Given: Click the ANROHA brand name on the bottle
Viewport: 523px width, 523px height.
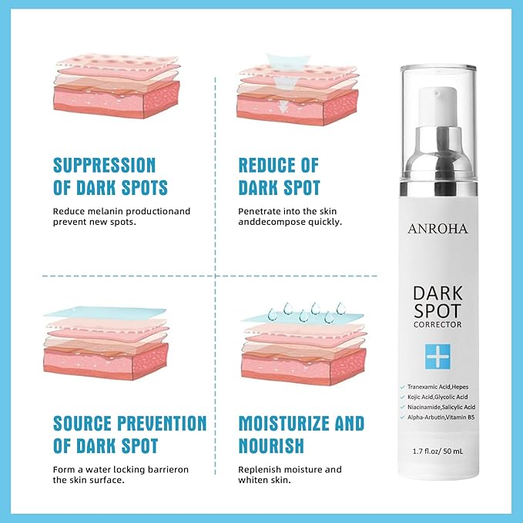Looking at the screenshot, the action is (438, 229).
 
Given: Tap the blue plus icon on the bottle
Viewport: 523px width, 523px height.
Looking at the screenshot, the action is (438, 357).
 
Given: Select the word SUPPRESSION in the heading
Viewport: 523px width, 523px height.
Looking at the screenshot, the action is (105, 165).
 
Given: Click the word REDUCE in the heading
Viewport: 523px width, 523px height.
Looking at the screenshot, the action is (267, 165).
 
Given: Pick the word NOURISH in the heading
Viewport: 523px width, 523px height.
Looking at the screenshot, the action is (271, 446).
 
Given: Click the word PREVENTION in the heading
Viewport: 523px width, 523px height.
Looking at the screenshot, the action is (162, 424).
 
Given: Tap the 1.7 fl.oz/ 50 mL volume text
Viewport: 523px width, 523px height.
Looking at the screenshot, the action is (438, 451).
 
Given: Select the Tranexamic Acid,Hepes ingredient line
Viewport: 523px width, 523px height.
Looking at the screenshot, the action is (438, 387).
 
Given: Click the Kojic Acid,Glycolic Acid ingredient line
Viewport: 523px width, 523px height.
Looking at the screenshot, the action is (438, 397).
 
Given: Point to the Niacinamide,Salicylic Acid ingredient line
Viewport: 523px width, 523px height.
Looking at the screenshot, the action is (441, 407).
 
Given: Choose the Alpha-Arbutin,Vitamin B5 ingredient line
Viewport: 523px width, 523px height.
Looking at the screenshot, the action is (441, 417).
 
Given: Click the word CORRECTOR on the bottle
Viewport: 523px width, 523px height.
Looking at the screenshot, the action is (438, 324).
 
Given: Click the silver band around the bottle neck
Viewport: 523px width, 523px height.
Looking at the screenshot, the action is (438, 189).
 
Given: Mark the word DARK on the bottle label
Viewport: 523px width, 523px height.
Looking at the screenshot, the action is (438, 293).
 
